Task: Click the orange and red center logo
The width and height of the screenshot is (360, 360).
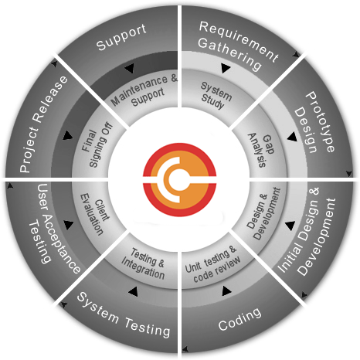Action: point(179,179)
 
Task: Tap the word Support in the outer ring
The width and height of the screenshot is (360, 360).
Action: point(121,37)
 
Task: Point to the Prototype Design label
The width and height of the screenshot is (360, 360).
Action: point(314,123)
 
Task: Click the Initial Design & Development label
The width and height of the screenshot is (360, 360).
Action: point(307,231)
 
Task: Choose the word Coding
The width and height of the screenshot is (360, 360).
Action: point(239,319)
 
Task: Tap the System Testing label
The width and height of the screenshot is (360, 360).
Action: point(124,314)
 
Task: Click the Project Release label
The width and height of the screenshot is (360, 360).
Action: point(44,124)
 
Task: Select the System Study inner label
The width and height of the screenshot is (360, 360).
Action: point(216,96)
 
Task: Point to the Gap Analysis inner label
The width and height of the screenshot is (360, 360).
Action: point(260,150)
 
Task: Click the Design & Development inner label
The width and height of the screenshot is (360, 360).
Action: point(263,213)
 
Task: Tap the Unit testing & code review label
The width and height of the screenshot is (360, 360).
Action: point(212,264)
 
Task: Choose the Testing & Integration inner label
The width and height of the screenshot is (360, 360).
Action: point(143,263)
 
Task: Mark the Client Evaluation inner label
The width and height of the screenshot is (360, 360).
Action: point(94,214)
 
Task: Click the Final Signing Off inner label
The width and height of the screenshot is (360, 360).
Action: point(97,144)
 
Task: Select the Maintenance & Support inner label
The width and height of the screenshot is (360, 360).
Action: point(144,90)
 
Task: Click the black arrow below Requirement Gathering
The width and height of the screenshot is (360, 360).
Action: point(226,68)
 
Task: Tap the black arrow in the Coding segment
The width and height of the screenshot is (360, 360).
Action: point(226,290)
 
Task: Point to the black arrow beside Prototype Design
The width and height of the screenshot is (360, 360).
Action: point(292,137)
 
